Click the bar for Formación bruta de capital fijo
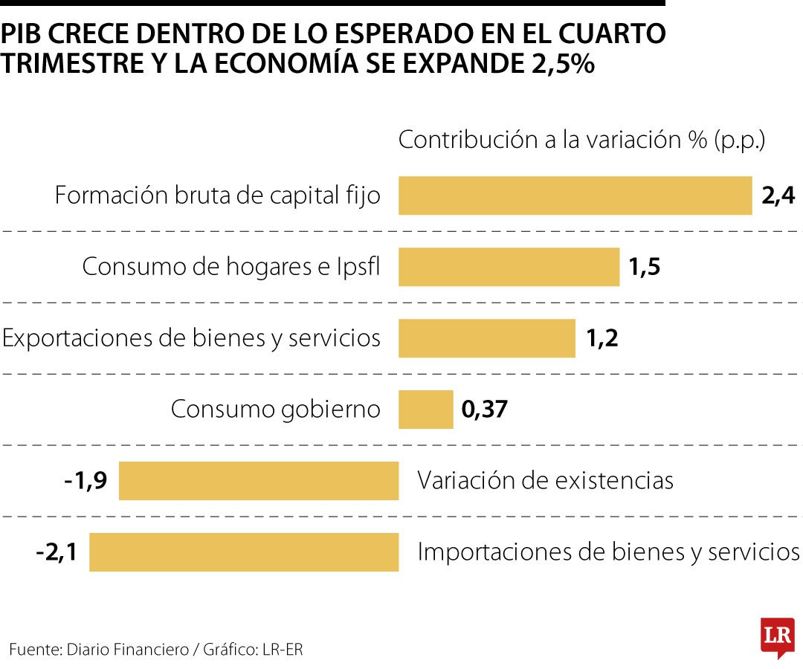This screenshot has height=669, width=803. pos(575,195)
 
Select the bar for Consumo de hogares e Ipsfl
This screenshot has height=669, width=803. pos(509,267)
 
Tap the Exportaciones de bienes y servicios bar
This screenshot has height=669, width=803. pos(486,338)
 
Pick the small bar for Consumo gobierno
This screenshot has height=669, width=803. pos(425,410)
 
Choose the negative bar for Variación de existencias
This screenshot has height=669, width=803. pos(258,481)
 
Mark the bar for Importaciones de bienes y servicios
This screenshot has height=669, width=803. pos(243,552)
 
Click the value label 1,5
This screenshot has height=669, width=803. pos(644,268)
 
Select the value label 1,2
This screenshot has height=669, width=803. pos(602,339)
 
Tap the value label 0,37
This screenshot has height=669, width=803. pos(484,410)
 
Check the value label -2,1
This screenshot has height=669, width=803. pos(57,552)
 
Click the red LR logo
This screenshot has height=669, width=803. pos(777,636)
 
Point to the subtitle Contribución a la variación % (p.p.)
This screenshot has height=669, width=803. pos(581,140)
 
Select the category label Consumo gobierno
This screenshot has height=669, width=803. pos(275,410)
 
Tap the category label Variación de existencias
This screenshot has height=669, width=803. pos(545,481)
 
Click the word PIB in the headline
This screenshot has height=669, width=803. pos(25,33)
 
